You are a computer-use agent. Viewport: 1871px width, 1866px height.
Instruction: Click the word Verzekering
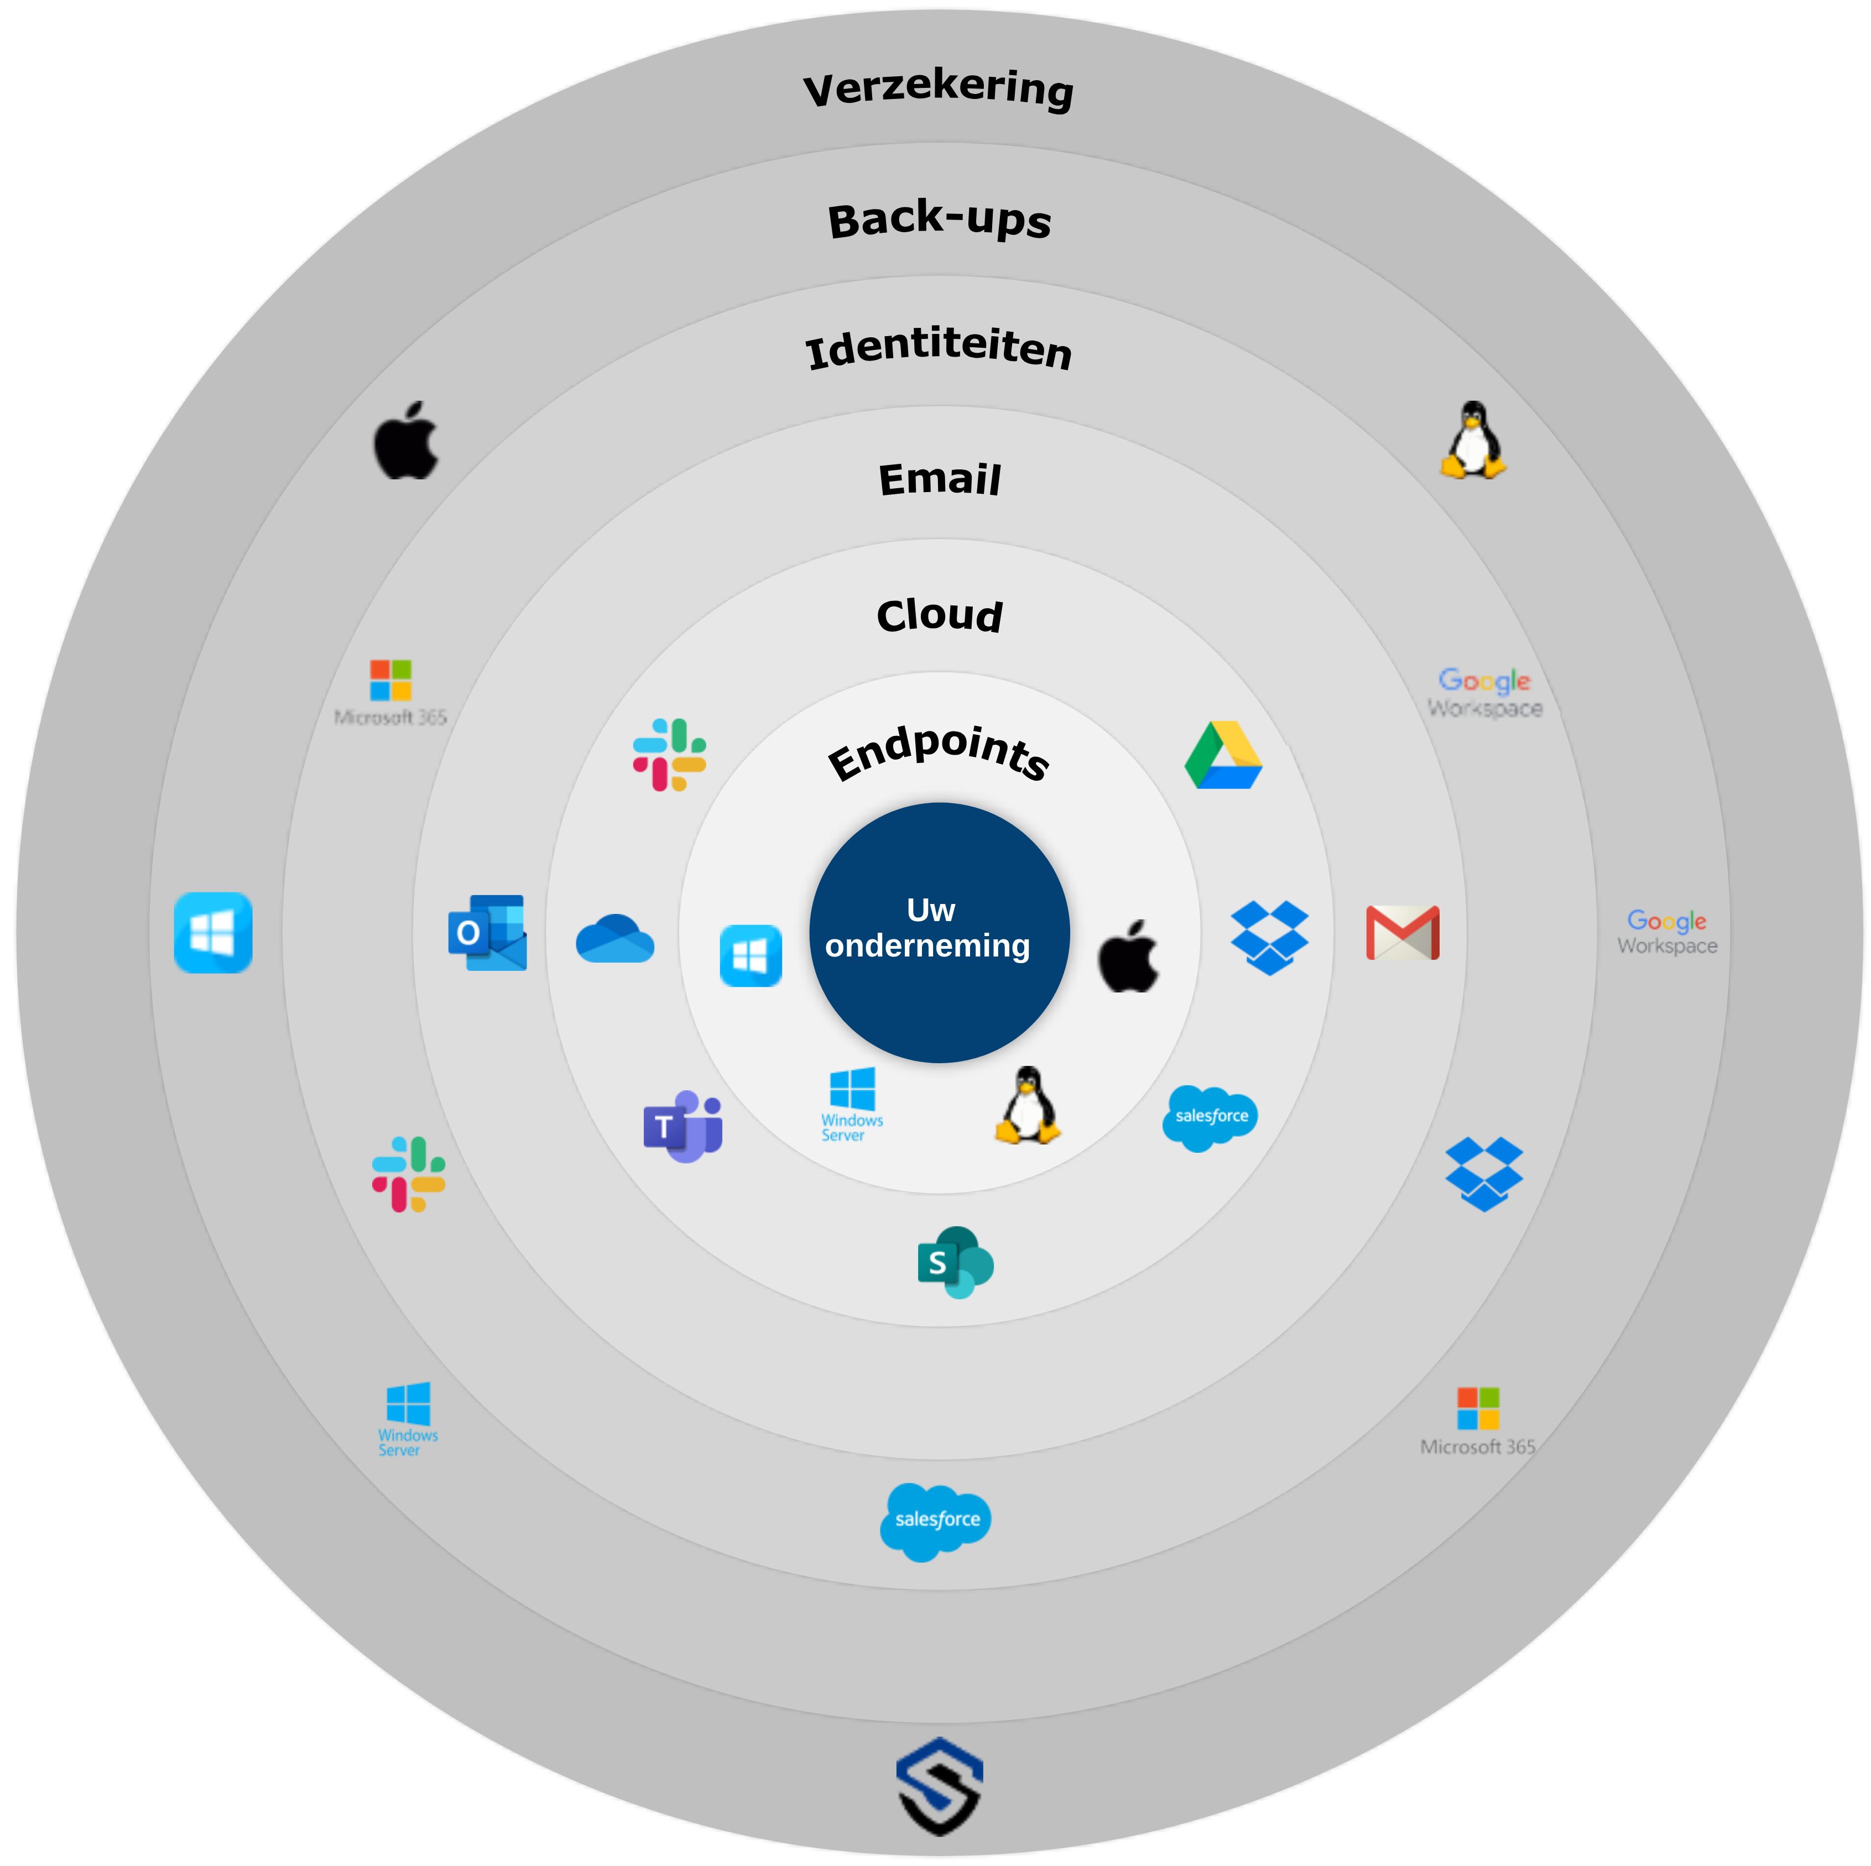[939, 89]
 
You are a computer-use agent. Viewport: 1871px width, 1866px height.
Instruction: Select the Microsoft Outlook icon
[487, 933]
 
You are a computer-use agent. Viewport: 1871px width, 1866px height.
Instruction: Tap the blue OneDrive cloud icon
[615, 938]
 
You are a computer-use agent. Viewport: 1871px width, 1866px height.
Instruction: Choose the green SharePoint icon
[955, 1262]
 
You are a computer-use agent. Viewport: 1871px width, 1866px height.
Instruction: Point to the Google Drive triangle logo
[1223, 755]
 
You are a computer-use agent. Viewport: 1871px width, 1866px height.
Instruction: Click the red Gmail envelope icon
[1402, 933]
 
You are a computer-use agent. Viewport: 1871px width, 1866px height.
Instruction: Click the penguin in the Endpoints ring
[1028, 1106]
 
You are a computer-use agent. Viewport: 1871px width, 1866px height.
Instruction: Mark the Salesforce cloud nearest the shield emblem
[936, 1521]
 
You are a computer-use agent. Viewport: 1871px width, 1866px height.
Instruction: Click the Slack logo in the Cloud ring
[669, 754]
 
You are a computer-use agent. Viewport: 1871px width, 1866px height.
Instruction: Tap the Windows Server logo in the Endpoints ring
[852, 1104]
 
